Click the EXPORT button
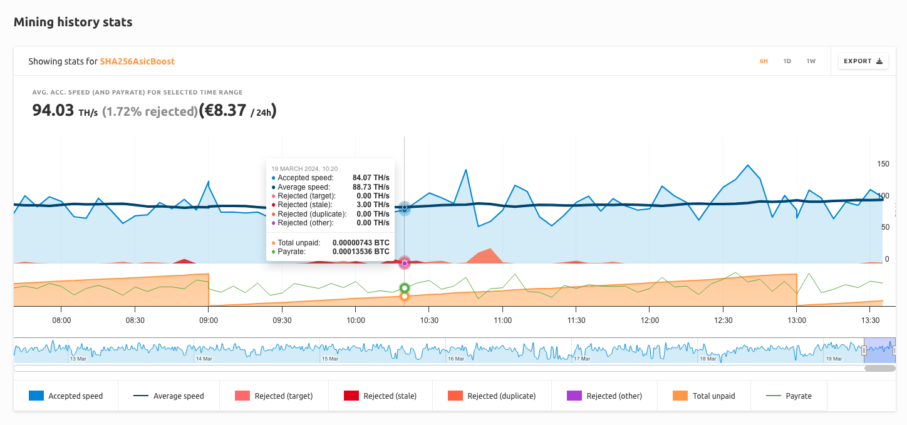(863, 61)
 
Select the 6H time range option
(764, 61)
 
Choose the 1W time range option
(811, 61)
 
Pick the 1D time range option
(787, 61)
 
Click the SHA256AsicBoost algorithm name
(137, 61)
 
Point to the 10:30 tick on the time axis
(428, 320)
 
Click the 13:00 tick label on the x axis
(797, 320)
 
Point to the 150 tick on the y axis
(883, 164)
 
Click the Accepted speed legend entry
(66, 396)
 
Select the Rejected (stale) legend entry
(379, 396)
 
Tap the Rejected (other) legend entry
(601, 396)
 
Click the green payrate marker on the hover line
(405, 288)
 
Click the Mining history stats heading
(73, 22)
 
